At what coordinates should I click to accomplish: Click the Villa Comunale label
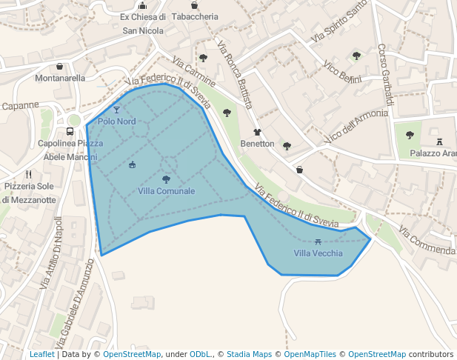pyautogui.click(x=166, y=191)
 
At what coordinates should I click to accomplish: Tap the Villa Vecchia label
pyautogui.click(x=318, y=253)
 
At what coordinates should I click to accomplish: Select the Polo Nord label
pyautogui.click(x=117, y=121)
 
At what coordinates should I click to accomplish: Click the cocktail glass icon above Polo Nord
pyautogui.click(x=116, y=110)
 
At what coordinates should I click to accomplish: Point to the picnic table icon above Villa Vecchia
pyautogui.click(x=318, y=241)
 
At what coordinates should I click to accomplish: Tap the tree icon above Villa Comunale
pyautogui.click(x=166, y=179)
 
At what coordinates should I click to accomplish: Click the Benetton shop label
pyautogui.click(x=257, y=144)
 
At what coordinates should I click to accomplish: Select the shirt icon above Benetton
pyautogui.click(x=257, y=131)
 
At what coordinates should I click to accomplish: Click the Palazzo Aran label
pyautogui.click(x=433, y=153)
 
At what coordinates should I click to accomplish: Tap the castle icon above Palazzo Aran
pyautogui.click(x=439, y=141)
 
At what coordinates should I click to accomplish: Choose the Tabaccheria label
pyautogui.click(x=194, y=16)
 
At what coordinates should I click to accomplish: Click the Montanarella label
pyautogui.click(x=60, y=78)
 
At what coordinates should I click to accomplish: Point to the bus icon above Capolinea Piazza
pyautogui.click(x=69, y=131)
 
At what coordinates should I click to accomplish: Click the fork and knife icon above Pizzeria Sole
pyautogui.click(x=28, y=174)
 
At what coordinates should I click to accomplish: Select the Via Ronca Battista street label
pyautogui.click(x=236, y=77)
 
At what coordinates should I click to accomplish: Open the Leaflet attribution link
pyautogui.click(x=41, y=355)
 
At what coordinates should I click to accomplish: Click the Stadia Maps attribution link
pyautogui.click(x=249, y=355)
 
